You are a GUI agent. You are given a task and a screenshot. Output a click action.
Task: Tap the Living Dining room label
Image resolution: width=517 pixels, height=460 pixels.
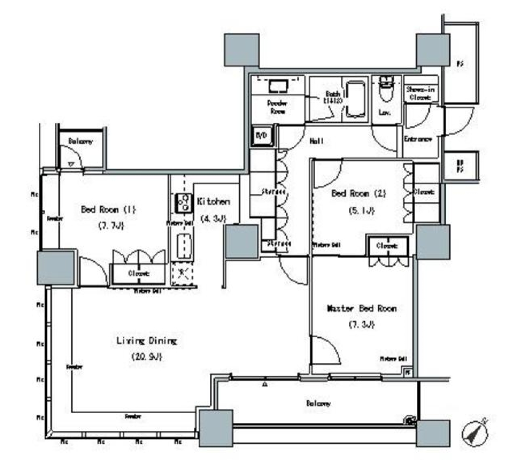146,341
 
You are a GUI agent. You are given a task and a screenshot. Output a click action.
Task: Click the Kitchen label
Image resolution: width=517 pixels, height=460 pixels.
214,201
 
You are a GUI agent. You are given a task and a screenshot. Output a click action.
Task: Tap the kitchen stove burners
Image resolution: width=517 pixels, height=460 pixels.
184,203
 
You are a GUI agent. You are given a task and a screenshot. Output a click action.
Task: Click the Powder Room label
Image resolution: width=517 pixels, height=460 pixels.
278,107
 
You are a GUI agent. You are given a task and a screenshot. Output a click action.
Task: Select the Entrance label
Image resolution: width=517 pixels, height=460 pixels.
418,139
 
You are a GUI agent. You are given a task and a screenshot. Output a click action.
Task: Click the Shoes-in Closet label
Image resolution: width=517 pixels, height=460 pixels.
420,94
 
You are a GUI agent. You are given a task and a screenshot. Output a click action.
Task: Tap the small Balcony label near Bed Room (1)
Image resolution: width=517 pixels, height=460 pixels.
81,142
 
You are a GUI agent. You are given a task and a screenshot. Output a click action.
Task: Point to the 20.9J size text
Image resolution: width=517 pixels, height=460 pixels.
146,357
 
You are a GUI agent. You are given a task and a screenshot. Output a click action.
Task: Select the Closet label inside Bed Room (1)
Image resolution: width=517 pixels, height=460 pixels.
138,274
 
